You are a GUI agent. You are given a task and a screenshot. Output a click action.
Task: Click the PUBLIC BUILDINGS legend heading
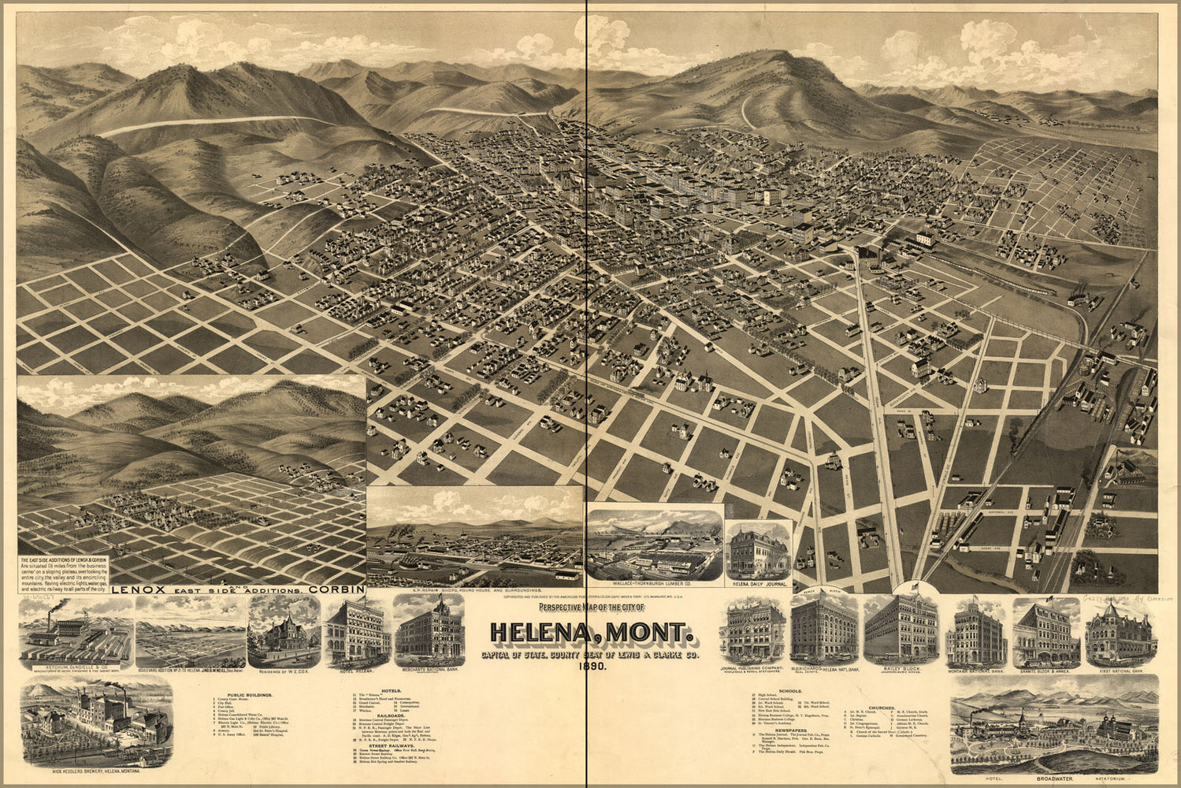248,694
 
